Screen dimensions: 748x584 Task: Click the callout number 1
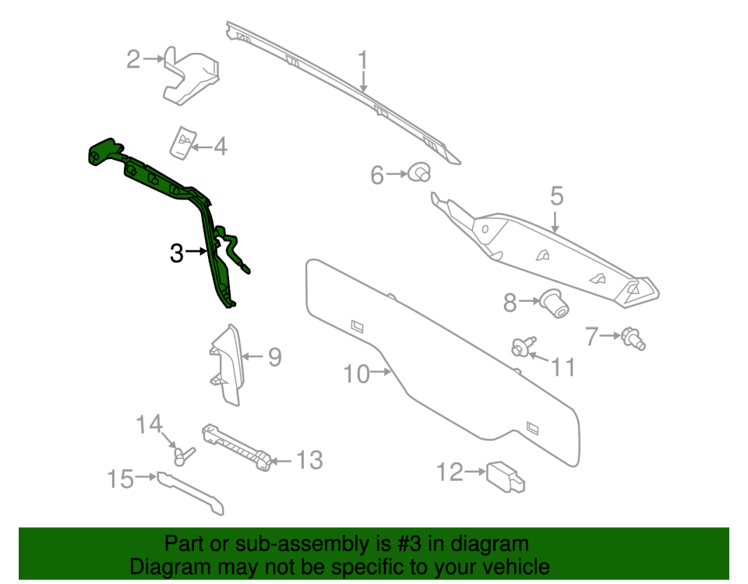[363, 60]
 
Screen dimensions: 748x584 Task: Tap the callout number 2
[133, 60]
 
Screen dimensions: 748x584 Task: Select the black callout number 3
[177, 253]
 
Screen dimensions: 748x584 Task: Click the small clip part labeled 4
[182, 143]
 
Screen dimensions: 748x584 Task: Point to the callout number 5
[556, 196]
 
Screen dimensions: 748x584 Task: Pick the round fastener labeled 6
[420, 172]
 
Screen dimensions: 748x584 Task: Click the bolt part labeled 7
[633, 338]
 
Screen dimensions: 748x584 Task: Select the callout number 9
[275, 356]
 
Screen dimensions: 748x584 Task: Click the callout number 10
[356, 374]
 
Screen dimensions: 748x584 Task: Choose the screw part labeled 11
[524, 346]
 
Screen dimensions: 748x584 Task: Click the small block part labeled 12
[506, 476]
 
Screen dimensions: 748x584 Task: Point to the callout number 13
[309, 460]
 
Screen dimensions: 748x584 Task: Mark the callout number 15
[120, 479]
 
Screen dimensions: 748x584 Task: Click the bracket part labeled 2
[191, 76]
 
